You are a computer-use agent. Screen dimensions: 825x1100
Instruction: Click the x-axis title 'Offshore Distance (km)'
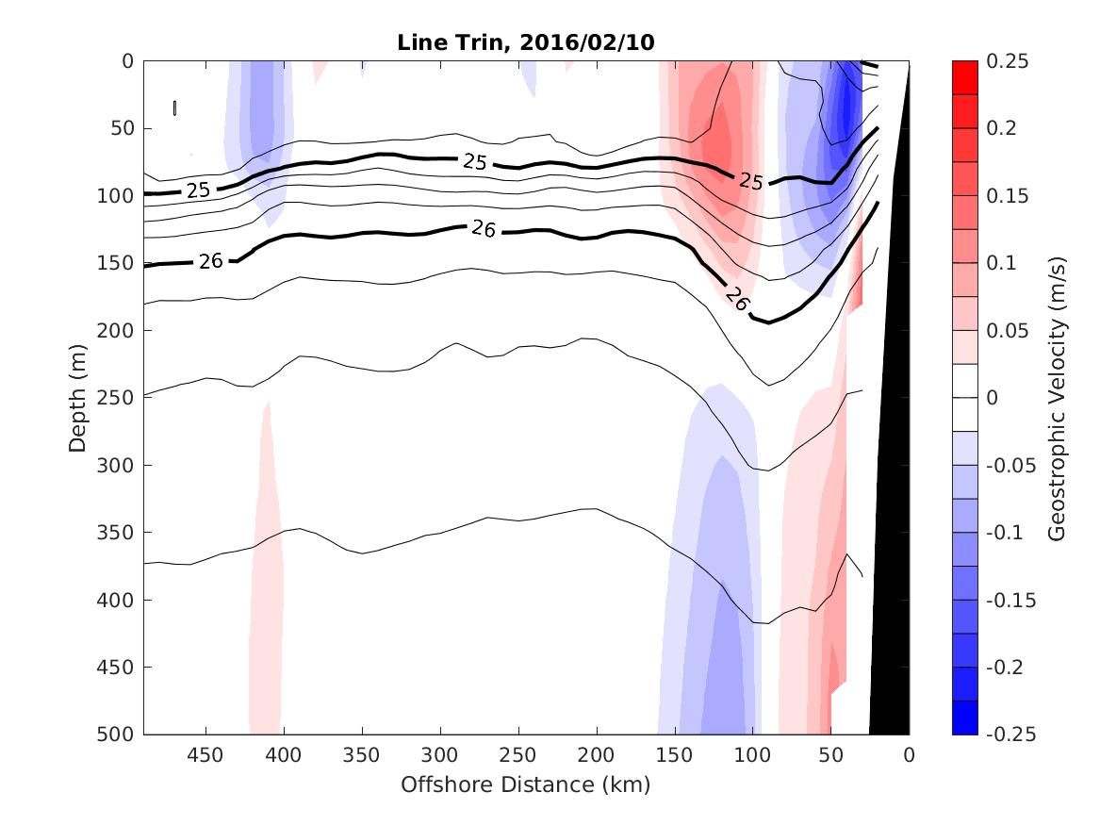tap(526, 784)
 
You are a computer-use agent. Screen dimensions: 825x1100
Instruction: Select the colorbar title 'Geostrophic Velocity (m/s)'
tap(1057, 397)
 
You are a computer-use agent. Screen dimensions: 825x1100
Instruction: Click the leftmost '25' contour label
tap(198, 190)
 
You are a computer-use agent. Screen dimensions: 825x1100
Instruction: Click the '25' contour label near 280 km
tap(475, 161)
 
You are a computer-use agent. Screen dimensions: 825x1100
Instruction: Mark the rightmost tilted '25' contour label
tap(750, 180)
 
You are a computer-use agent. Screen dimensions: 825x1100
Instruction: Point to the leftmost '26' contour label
tap(210, 261)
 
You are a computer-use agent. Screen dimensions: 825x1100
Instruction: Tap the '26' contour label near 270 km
tap(484, 228)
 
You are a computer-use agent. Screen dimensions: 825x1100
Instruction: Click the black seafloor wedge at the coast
tap(891, 566)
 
